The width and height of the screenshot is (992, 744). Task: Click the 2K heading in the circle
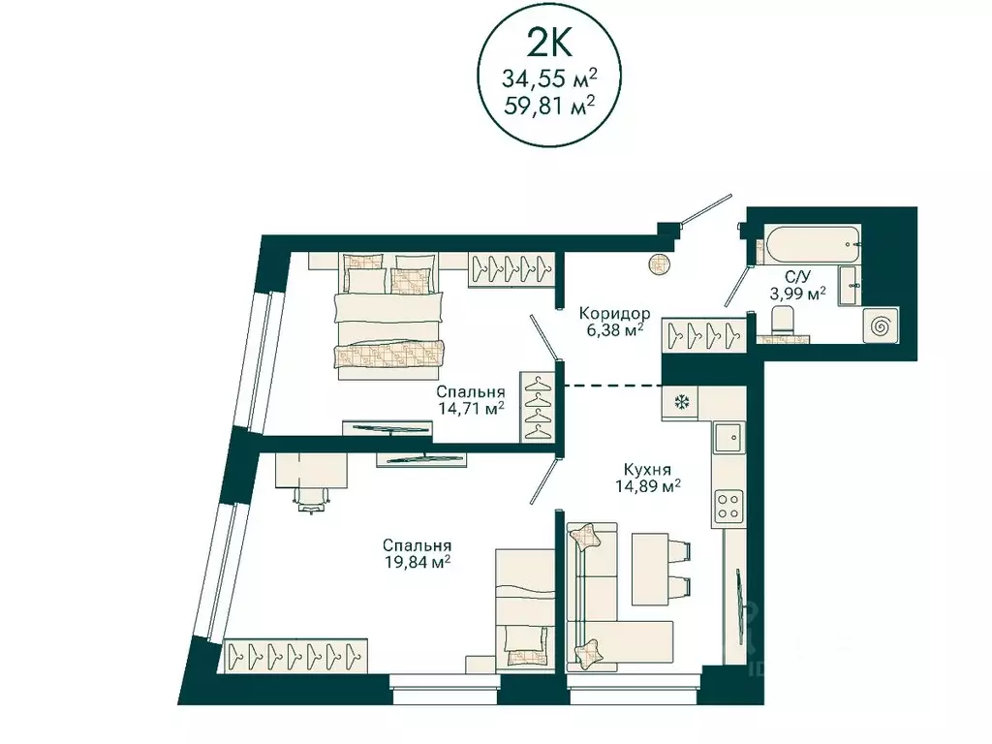549,45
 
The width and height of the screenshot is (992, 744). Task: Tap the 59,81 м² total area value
549,104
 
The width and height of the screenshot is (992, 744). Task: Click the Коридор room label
614,313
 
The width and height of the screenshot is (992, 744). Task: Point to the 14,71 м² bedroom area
472,408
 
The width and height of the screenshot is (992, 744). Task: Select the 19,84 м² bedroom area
418,561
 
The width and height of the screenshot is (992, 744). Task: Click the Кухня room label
647,470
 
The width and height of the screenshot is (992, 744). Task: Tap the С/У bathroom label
798,277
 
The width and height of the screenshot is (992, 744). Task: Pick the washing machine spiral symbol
881,326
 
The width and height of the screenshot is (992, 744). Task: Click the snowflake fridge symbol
681,402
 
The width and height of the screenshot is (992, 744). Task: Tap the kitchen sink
730,437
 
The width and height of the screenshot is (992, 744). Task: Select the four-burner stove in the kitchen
728,506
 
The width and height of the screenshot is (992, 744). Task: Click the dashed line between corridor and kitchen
612,385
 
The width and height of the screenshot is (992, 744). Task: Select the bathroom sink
850,286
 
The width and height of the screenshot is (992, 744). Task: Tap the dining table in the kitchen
651,569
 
